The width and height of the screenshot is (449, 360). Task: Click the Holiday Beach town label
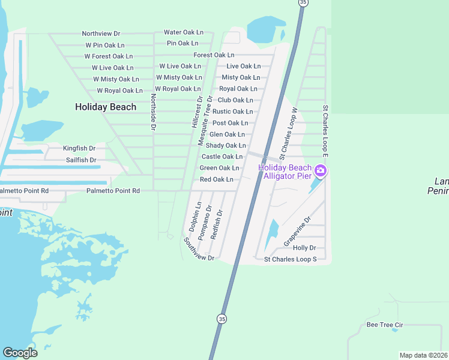[x=106, y=107]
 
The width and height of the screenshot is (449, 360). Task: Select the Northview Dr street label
[x=101, y=34]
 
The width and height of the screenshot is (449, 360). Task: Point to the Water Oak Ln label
[x=184, y=32]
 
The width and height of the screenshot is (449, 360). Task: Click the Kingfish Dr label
[x=79, y=148]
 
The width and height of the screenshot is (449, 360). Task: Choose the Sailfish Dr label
[x=81, y=160]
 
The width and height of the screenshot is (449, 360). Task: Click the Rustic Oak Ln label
[x=232, y=112]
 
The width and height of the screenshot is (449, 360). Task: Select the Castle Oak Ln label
[x=221, y=157]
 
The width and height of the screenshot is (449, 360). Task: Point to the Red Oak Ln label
[x=216, y=179]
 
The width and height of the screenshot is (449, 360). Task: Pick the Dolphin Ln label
[x=194, y=217]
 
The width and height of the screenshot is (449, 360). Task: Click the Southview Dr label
[x=199, y=249]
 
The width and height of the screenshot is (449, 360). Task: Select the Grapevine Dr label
[x=298, y=231]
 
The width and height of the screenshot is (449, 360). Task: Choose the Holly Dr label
[x=304, y=248]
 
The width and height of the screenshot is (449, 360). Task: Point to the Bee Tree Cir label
[x=384, y=325]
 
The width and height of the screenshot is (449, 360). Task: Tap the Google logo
[x=20, y=353]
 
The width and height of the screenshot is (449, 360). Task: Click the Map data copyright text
[x=424, y=355]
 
